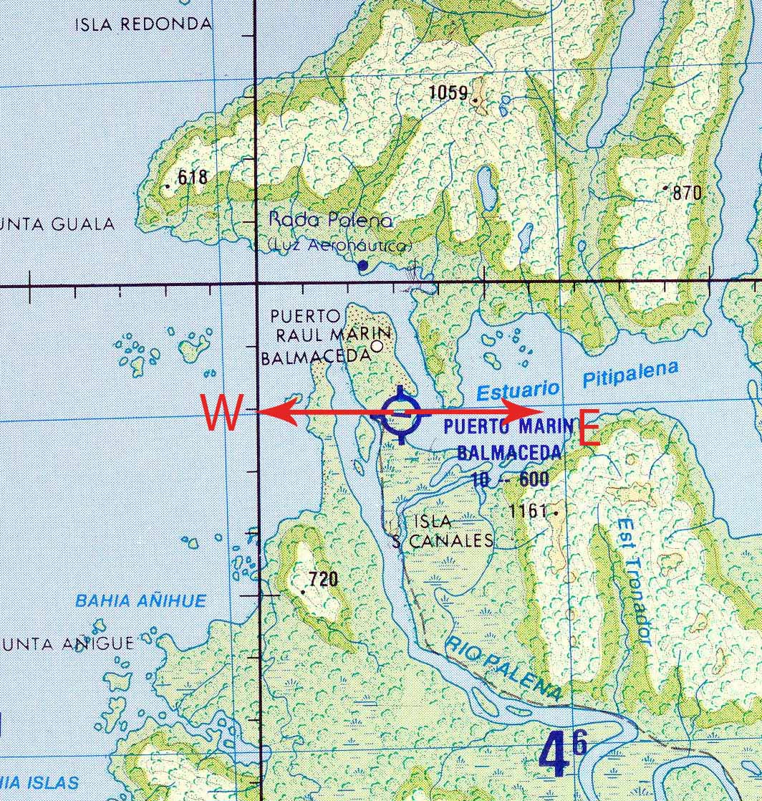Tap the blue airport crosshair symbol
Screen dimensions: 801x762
tap(400, 414)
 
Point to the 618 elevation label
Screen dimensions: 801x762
tap(192, 177)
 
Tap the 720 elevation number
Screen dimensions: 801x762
tap(323, 580)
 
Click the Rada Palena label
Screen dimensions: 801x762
tap(330, 220)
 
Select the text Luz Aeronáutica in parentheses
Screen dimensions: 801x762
tap(339, 246)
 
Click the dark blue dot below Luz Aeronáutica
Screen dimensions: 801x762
tap(362, 265)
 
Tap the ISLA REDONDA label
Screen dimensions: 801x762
tap(143, 24)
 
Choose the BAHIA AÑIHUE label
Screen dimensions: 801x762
tap(140, 600)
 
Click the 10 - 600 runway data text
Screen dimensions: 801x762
tap(509, 480)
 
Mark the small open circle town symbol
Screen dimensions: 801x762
tap(377, 346)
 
